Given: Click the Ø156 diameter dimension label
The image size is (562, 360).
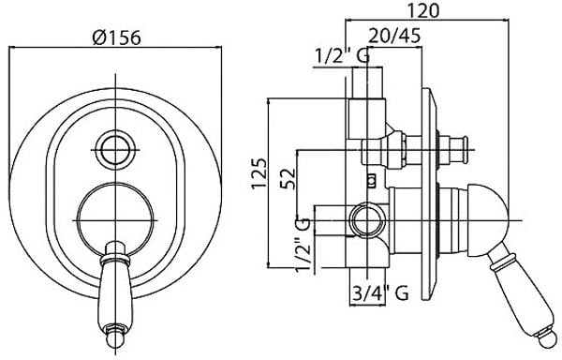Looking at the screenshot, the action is tap(116, 37).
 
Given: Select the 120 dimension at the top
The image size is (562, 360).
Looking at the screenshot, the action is tap(423, 10).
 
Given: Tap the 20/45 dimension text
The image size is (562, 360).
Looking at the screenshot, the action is tap(394, 36).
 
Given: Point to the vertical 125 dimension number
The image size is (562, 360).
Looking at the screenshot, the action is tap(259, 172).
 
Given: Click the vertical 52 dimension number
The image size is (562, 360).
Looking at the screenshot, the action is tap(288, 178).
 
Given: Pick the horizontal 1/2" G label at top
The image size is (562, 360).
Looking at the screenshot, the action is tap(342, 56).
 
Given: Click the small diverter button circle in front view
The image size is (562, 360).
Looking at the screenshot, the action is tap(115, 149).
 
